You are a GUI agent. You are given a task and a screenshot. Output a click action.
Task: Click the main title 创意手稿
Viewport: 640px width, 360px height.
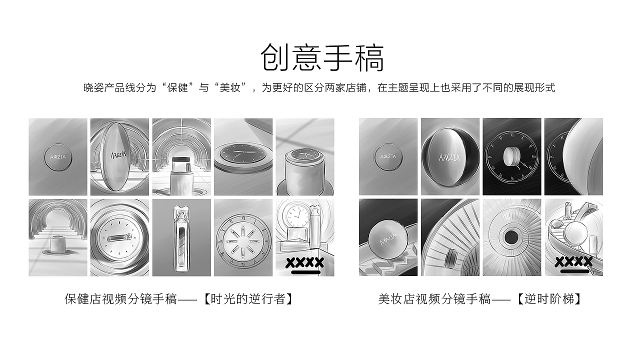pyautogui.click(x=322, y=58)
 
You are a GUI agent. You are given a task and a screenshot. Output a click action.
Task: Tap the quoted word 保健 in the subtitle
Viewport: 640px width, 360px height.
pyautogui.click(x=178, y=88)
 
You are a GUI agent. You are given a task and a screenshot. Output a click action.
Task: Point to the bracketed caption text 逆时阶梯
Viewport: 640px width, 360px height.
pyautogui.click(x=549, y=299)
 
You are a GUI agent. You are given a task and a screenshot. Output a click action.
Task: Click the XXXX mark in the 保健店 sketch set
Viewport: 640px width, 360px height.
pyautogui.click(x=304, y=262)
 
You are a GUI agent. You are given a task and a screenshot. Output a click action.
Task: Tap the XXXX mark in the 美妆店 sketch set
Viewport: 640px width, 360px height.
pyautogui.click(x=573, y=261)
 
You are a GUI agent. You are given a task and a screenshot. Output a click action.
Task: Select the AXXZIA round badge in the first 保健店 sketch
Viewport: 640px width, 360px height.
pyautogui.click(x=57, y=156)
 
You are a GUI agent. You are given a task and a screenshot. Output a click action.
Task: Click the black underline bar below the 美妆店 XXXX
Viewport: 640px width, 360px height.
pyautogui.click(x=573, y=271)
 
